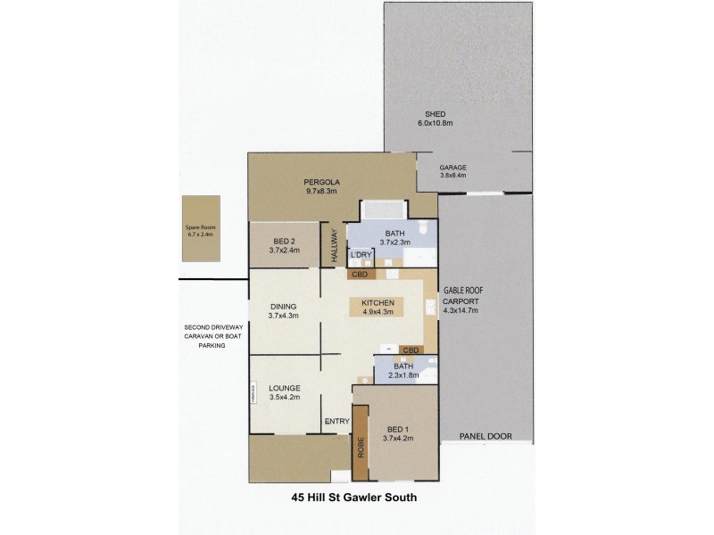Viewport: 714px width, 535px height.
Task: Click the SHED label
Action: click(x=435, y=115)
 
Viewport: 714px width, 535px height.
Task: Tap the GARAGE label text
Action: click(x=453, y=168)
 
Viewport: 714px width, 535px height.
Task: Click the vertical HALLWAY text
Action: click(x=334, y=246)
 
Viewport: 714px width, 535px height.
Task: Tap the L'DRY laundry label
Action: click(x=361, y=256)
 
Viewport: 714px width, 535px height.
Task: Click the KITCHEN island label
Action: click(x=378, y=304)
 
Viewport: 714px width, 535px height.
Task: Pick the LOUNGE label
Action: click(x=284, y=388)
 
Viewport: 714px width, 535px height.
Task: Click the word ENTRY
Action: click(x=337, y=421)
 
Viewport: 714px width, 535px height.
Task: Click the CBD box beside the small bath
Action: click(x=411, y=350)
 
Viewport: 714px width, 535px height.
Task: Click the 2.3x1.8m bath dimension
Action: click(x=404, y=375)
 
